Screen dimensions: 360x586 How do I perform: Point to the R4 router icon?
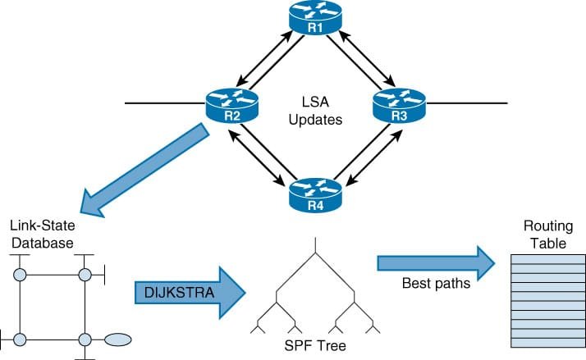(x=316, y=194)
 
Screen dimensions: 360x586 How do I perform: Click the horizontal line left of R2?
(x=165, y=104)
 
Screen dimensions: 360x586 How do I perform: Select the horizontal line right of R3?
(x=468, y=104)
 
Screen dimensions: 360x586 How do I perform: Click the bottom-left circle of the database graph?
(x=21, y=338)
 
